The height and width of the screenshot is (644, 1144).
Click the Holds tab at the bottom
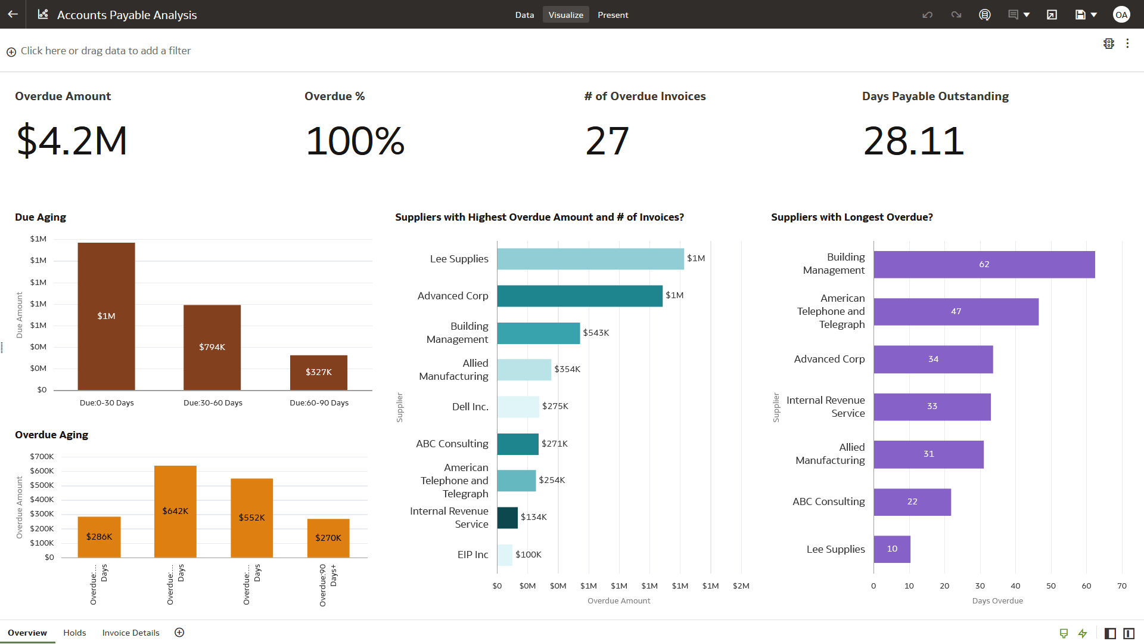pyautogui.click(x=74, y=633)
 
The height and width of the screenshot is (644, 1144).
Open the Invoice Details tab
pyautogui.click(x=130, y=633)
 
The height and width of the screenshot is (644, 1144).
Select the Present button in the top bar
pyautogui.click(x=613, y=15)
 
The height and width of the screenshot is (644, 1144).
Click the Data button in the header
pyautogui.click(x=524, y=15)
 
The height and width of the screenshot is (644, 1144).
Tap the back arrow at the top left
pyautogui.click(x=13, y=14)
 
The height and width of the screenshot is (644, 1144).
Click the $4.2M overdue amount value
pyautogui.click(x=71, y=141)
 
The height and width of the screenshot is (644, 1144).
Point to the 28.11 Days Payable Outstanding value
pyautogui.click(x=913, y=141)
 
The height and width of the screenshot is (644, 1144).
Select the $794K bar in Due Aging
pyautogui.click(x=212, y=347)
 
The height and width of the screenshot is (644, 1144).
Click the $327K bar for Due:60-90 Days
pyautogui.click(x=319, y=372)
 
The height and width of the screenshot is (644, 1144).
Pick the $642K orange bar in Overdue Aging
pyautogui.click(x=175, y=511)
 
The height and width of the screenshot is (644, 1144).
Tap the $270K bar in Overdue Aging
pyautogui.click(x=328, y=537)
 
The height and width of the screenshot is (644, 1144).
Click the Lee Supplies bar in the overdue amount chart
pyautogui.click(x=590, y=259)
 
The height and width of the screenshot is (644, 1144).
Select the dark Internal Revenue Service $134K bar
pyautogui.click(x=507, y=518)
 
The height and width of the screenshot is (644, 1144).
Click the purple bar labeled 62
pyautogui.click(x=984, y=264)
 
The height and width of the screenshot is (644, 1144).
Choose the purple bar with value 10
pyautogui.click(x=892, y=549)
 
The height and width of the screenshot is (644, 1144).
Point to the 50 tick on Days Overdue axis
pyautogui.click(x=1051, y=586)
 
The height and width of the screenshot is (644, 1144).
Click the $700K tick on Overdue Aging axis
pyautogui.click(x=42, y=457)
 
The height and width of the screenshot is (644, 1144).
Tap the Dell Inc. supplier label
pyautogui.click(x=470, y=407)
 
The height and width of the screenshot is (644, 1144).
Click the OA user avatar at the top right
pyautogui.click(x=1121, y=15)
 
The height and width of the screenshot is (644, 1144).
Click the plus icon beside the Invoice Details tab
pyautogui.click(x=179, y=633)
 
